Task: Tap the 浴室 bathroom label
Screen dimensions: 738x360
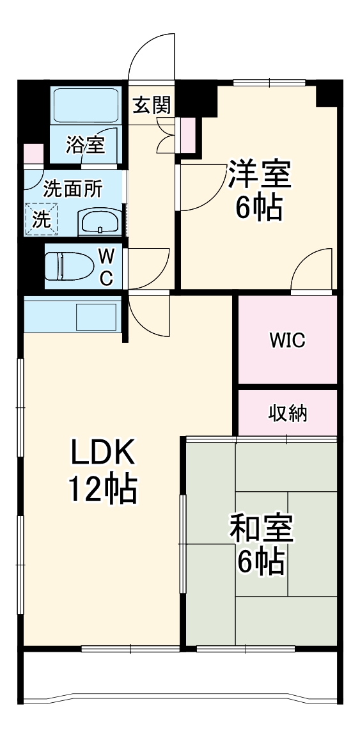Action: (86, 145)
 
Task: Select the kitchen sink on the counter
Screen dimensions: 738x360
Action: (96, 315)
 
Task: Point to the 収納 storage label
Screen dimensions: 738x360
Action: (287, 413)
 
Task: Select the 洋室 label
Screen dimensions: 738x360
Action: (259, 175)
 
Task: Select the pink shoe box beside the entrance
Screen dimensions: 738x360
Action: (188, 132)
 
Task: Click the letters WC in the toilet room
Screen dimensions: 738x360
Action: (107, 267)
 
